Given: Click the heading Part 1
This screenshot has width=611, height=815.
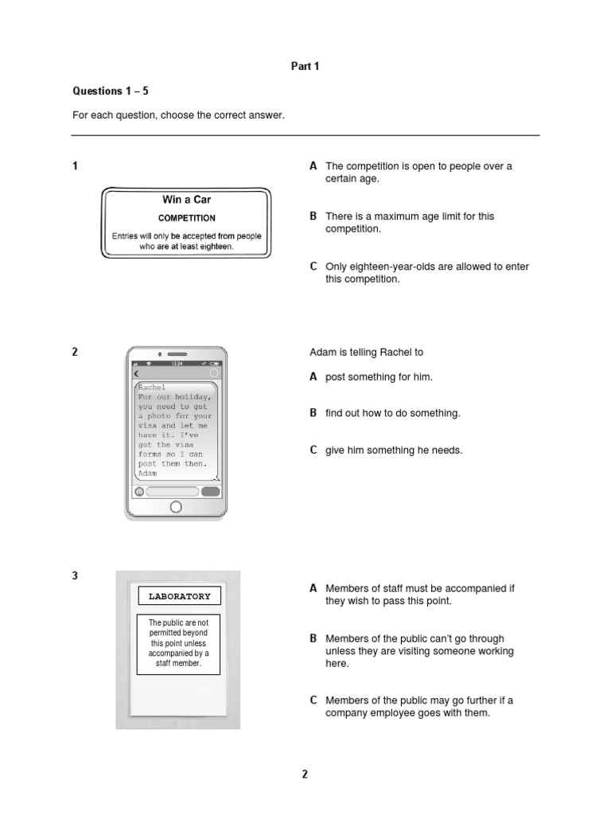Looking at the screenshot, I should point(305,67).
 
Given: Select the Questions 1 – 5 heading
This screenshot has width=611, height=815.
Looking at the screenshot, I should point(111,92).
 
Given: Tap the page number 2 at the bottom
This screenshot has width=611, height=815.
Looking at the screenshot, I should point(305,774).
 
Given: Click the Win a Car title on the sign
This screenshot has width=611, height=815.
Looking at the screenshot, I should point(186,200).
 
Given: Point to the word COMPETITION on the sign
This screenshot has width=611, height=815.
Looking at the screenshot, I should point(186,217).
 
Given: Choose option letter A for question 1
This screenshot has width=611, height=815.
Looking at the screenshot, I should point(313,166).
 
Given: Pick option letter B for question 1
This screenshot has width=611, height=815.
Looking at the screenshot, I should point(313,216).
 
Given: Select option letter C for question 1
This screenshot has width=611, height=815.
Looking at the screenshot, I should point(313,267).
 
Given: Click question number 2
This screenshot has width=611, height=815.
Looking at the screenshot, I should point(76,352).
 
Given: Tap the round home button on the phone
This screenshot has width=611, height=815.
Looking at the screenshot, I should point(176,507).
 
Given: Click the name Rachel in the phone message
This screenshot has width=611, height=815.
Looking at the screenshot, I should point(152,388).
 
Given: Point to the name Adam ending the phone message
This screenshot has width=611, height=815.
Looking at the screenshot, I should point(147,473).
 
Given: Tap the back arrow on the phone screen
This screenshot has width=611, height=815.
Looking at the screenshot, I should point(136,373).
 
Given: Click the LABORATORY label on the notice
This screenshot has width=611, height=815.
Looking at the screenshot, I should point(178,596).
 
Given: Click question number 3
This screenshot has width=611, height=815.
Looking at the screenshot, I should point(76,575).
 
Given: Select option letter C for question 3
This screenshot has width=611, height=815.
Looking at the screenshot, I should point(313,700).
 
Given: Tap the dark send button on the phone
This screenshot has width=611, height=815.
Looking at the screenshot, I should point(210,492).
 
